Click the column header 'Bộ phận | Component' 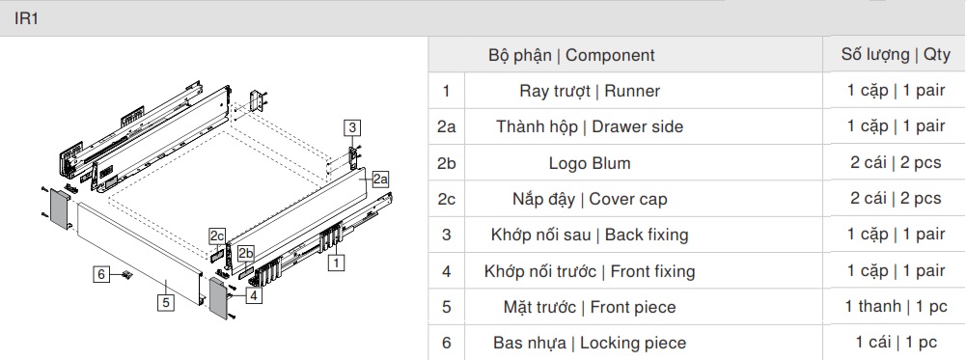[x=570, y=55]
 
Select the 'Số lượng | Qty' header [x=896, y=54]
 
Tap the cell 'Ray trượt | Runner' [x=589, y=91]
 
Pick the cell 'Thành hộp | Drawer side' [x=589, y=126]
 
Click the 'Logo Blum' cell [x=589, y=163]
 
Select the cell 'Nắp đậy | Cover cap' [x=589, y=199]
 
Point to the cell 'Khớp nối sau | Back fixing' [x=589, y=235]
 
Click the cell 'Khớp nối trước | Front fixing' [x=589, y=271]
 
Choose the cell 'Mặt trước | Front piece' [x=589, y=307]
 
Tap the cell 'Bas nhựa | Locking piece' [x=589, y=343]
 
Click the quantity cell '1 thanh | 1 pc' [x=896, y=307]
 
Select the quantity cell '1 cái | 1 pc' [x=896, y=343]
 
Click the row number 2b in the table [x=446, y=163]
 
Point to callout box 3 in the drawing [x=353, y=127]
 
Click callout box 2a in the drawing [x=378, y=179]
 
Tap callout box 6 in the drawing [x=101, y=273]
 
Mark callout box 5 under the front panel [x=166, y=302]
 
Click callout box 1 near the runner [x=336, y=261]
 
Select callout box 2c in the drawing [x=216, y=235]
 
